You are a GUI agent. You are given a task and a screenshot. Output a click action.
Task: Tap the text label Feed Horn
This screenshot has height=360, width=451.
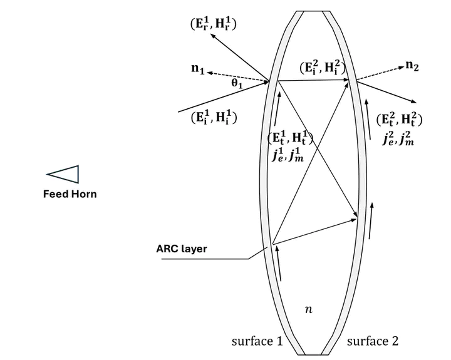(70, 194)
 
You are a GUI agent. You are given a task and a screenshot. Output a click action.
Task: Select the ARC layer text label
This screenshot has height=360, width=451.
(182, 249)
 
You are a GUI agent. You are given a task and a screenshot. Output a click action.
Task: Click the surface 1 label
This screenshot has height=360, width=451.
(257, 341)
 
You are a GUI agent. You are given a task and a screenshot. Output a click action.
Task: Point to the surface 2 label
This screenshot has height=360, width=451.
(373, 341)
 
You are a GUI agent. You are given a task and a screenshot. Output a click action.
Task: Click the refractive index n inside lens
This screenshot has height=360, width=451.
(308, 309)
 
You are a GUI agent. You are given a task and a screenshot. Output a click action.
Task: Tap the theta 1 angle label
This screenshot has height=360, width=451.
(237, 83)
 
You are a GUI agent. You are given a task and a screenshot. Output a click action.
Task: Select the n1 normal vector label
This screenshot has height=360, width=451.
(198, 69)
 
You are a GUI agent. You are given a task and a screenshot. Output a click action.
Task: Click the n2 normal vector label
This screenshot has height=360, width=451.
(412, 66)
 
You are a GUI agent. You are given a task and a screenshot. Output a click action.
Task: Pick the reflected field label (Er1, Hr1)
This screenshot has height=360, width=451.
(214, 24)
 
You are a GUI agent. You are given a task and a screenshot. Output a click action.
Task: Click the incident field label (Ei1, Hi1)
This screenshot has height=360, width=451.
(214, 118)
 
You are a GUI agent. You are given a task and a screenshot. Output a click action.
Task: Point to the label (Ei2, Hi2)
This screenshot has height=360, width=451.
(322, 68)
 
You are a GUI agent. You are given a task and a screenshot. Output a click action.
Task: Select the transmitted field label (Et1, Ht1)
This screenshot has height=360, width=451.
(290, 138)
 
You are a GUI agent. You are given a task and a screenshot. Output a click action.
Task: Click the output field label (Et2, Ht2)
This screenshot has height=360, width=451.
(399, 120)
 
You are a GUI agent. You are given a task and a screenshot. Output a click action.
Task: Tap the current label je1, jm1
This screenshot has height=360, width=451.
(288, 155)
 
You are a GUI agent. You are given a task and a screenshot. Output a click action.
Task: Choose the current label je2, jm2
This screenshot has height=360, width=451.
(398, 139)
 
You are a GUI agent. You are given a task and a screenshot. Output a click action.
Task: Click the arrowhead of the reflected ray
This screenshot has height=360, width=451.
(212, 35)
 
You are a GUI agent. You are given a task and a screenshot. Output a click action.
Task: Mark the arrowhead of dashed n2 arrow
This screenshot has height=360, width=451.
(402, 67)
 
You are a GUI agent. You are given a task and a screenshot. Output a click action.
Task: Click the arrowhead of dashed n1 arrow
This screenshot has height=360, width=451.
(209, 73)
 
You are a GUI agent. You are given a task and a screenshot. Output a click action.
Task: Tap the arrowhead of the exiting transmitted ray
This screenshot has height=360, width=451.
(414, 102)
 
